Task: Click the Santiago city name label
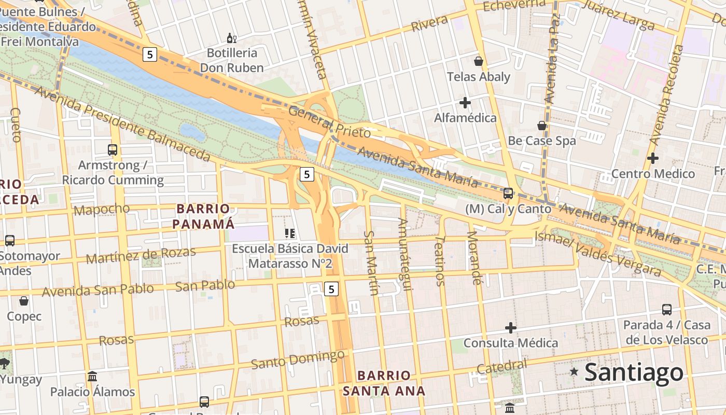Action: (x=634, y=373)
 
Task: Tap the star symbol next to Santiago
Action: (x=574, y=371)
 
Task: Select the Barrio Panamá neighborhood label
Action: (x=203, y=216)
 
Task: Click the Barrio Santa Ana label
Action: (x=384, y=383)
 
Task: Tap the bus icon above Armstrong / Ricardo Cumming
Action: (x=113, y=150)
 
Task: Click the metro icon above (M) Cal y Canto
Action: (x=508, y=193)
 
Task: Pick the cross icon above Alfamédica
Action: (x=465, y=103)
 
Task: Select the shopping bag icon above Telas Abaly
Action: (x=479, y=61)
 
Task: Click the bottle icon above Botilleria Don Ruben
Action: (x=232, y=38)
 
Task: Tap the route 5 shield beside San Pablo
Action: (x=332, y=289)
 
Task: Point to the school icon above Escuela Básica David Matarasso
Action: (x=290, y=233)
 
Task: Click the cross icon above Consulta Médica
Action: (x=511, y=328)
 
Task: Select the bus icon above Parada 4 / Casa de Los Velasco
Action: (x=667, y=310)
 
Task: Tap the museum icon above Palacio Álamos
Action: (x=92, y=376)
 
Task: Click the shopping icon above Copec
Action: (x=24, y=301)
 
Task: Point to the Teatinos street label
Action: (x=439, y=261)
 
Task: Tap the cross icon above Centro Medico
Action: (x=653, y=158)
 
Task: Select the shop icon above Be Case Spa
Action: (x=542, y=126)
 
